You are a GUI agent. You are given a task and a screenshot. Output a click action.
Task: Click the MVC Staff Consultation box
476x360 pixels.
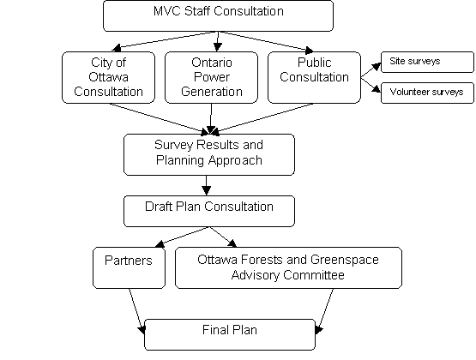pyautogui.click(x=218, y=15)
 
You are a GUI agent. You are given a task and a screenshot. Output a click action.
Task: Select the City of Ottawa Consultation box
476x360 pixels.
pyautogui.click(x=108, y=77)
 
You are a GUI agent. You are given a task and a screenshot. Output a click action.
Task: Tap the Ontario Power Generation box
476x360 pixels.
pyautogui.click(x=211, y=77)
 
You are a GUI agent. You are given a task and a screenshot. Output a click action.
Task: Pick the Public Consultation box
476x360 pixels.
pyautogui.click(x=314, y=77)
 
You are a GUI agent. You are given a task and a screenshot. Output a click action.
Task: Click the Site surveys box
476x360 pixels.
pyautogui.click(x=427, y=62)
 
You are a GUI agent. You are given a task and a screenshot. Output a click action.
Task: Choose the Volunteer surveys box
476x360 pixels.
pyautogui.click(x=427, y=93)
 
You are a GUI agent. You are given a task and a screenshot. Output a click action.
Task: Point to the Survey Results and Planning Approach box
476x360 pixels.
pyautogui.click(x=209, y=154)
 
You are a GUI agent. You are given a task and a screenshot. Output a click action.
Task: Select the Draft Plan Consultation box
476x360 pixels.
pyautogui.click(x=209, y=211)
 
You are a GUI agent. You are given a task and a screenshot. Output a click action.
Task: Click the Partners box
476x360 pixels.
pyautogui.click(x=129, y=267)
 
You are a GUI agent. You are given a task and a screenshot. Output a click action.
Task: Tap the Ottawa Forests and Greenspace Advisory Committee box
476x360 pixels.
pyautogui.click(x=288, y=267)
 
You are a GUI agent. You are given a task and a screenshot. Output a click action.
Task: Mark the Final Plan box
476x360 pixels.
pyautogui.click(x=230, y=334)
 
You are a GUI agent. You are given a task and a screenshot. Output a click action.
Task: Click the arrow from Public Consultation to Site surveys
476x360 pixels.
pyautogui.click(x=371, y=70)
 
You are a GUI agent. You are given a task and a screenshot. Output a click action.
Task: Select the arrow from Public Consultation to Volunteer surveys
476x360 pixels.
pyautogui.click(x=371, y=85)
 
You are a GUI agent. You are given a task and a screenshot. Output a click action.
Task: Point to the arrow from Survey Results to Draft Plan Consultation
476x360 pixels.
pyautogui.click(x=207, y=186)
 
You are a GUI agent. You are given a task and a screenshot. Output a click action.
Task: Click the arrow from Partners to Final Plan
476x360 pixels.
pyautogui.click(x=137, y=311)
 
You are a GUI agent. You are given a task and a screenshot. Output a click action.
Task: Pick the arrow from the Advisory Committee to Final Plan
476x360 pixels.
pyautogui.click(x=324, y=311)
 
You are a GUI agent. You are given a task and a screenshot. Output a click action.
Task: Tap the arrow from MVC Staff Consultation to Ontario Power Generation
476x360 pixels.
pyautogui.click(x=218, y=41)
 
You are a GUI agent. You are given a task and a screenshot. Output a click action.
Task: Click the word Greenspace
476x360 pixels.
pyautogui.click(x=345, y=260)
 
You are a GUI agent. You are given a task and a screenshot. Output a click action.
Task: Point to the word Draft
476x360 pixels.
pyautogui.click(x=158, y=207)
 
